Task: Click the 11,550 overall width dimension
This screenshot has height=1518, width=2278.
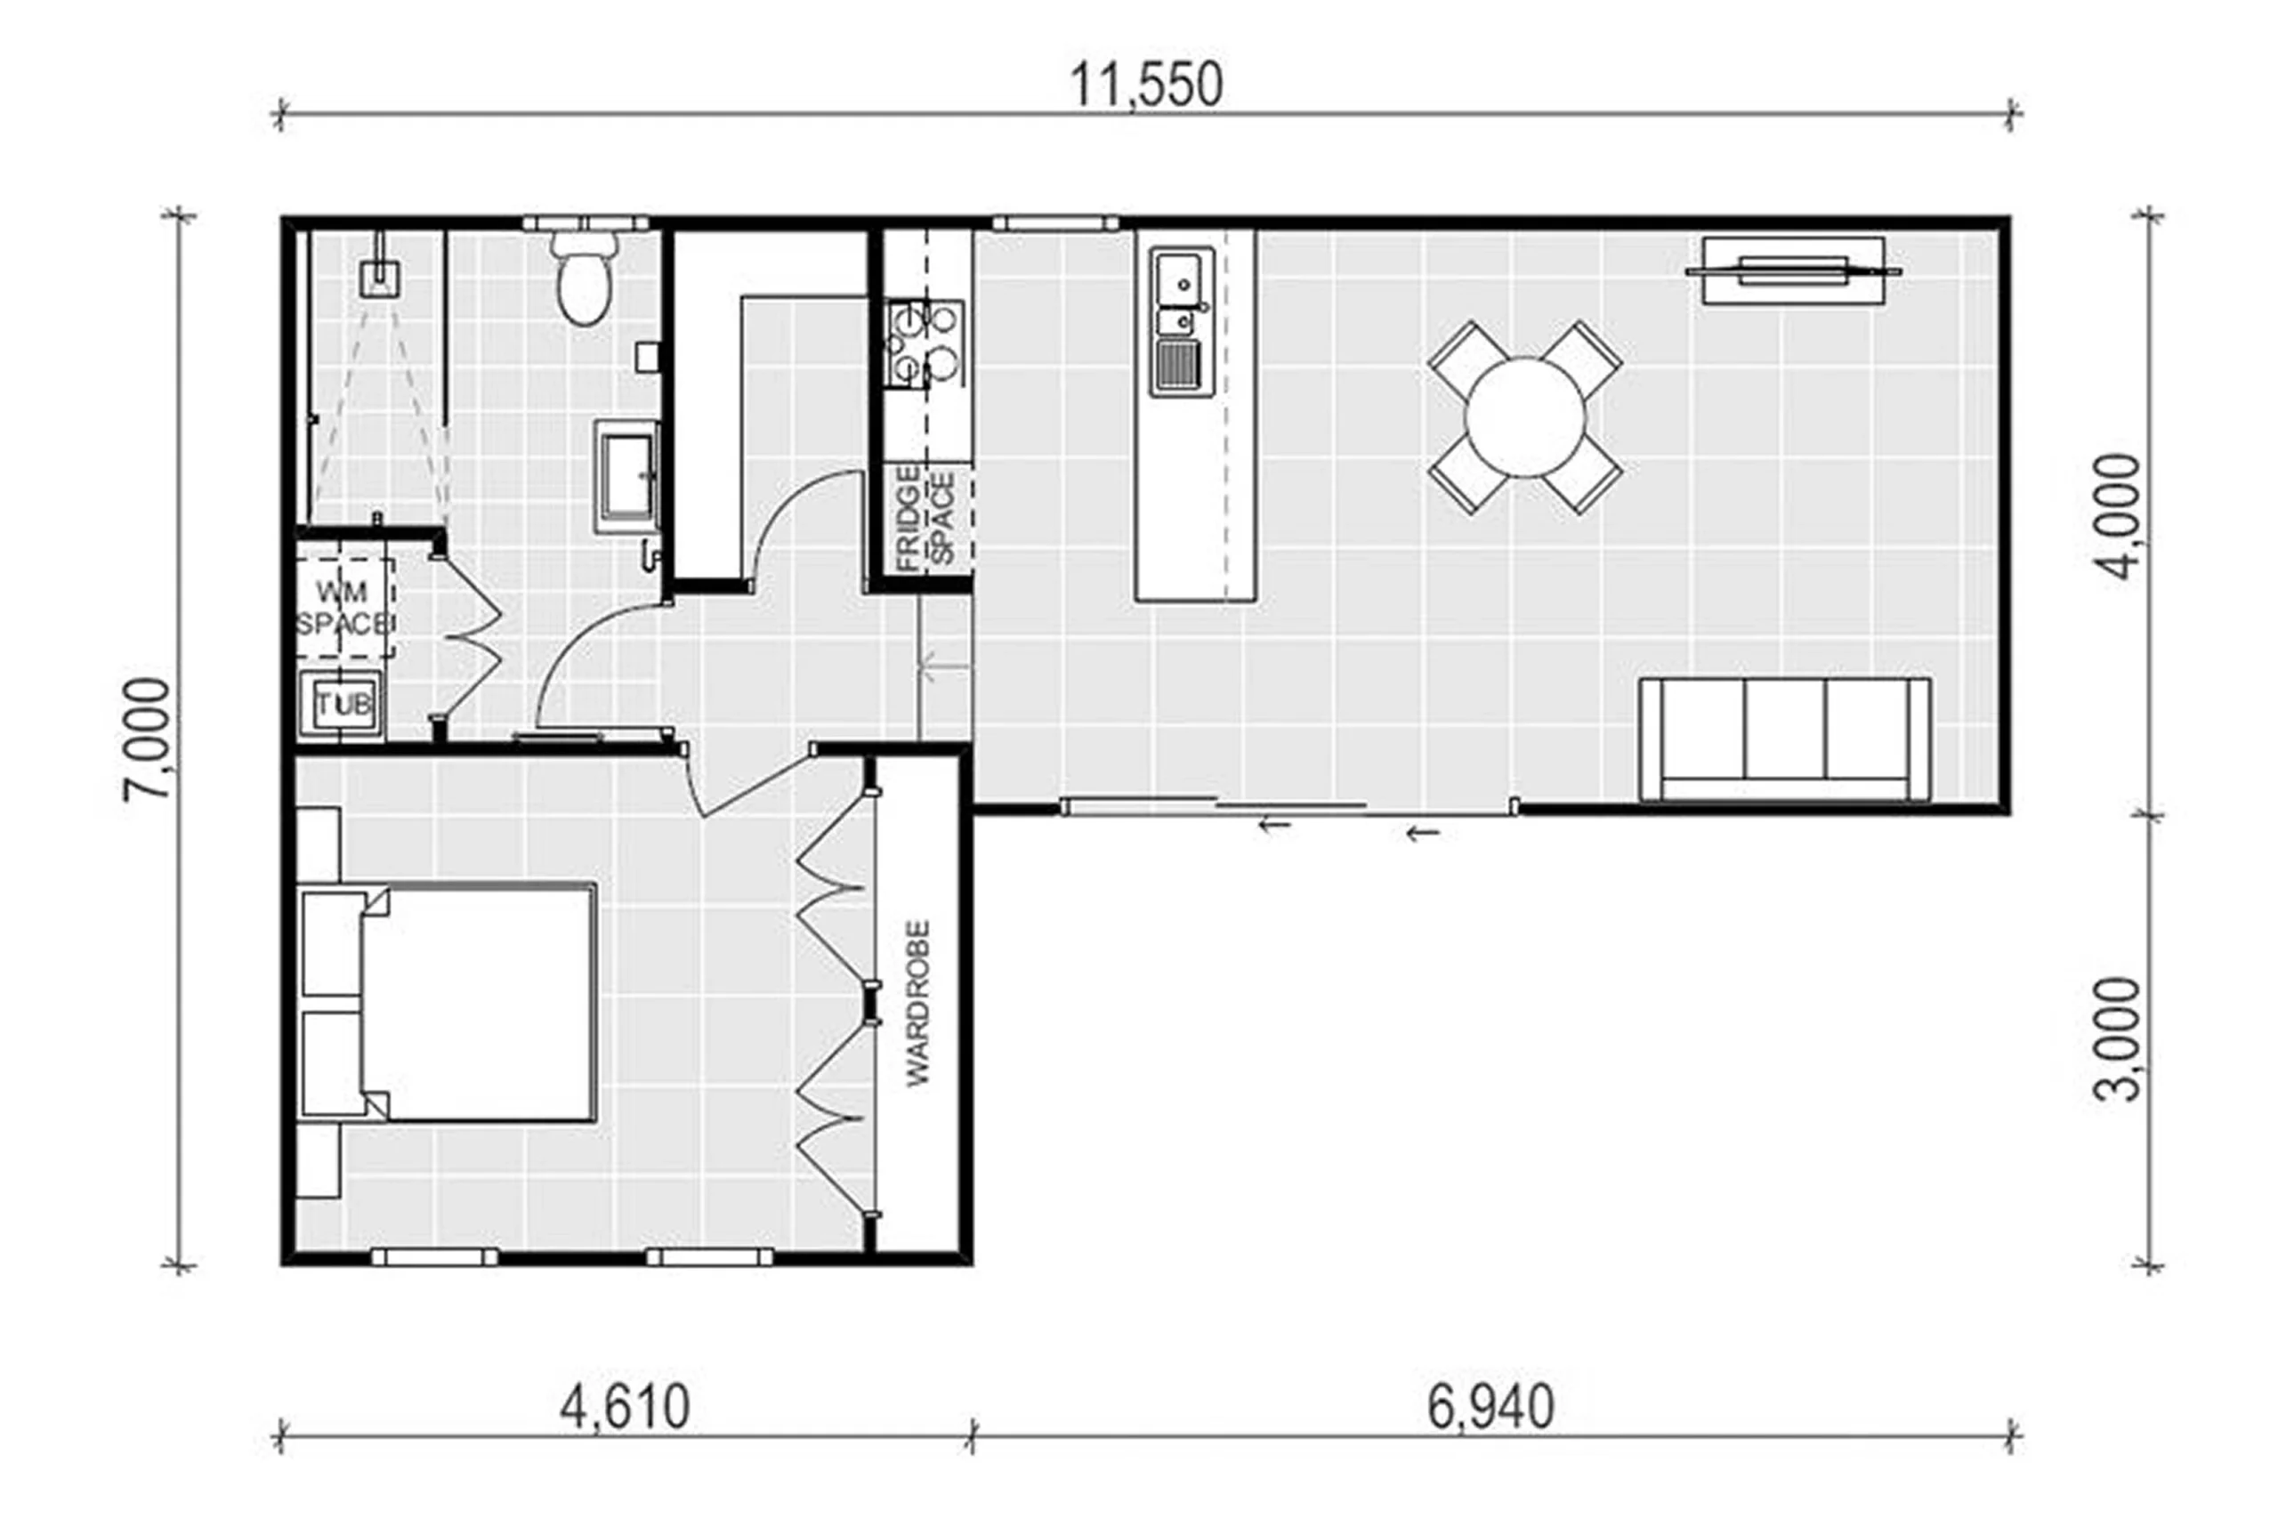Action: (x=1145, y=85)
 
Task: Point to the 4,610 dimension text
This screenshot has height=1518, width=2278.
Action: (x=625, y=1407)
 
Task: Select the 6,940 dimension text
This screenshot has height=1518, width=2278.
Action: (x=1490, y=1407)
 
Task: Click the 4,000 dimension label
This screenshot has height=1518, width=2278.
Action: (x=2118, y=517)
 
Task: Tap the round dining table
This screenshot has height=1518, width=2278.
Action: (x=1525, y=416)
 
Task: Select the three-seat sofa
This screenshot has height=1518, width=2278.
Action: (x=1785, y=739)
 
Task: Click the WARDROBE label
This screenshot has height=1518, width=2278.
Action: (x=917, y=1003)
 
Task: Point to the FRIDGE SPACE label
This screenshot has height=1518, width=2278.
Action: (x=925, y=519)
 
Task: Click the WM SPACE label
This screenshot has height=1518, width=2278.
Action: (x=343, y=608)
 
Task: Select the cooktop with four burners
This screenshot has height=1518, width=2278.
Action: (x=924, y=343)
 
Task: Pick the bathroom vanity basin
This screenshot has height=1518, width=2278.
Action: (x=627, y=476)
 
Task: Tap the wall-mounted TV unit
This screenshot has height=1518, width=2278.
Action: (x=1793, y=270)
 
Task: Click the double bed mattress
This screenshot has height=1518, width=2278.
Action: (x=480, y=1002)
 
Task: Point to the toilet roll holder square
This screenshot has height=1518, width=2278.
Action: (x=647, y=356)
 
